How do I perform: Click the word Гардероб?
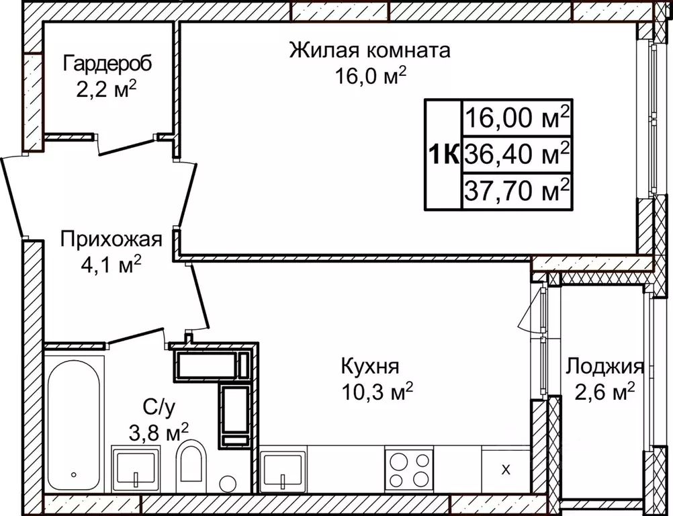107,64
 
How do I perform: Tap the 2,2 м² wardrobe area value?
107,88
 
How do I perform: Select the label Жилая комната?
369,50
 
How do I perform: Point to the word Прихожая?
111,239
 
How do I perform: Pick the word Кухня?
370,367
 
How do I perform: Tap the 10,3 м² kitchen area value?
376,392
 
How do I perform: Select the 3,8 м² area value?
157,431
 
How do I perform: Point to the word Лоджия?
604,367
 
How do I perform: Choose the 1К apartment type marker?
443,154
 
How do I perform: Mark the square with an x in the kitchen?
506,469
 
